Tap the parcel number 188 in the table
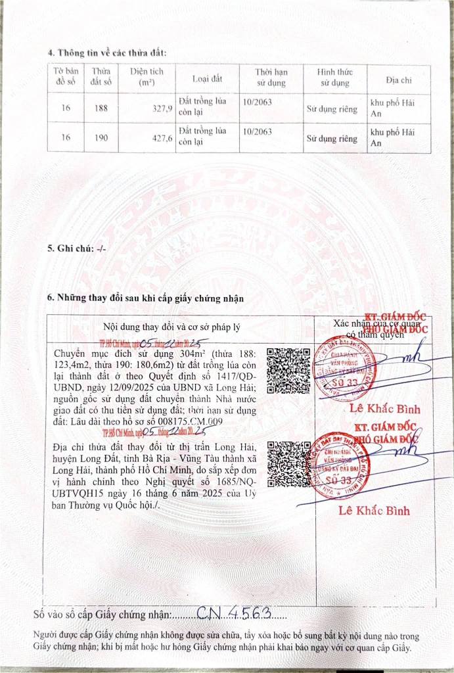pos(101,108)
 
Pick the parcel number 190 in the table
pos(101,139)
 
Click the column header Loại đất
pos(207,79)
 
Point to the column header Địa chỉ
pos(398,80)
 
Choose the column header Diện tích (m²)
pos(147,78)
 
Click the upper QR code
pos(288,371)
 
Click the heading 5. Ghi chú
pos(76,249)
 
